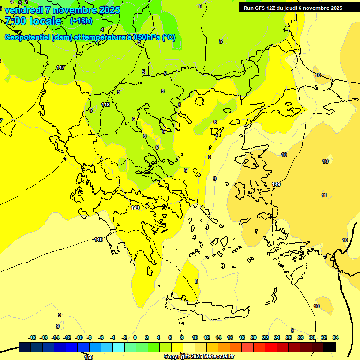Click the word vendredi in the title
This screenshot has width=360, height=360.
click(24, 10)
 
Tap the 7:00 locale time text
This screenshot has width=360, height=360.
click(33, 21)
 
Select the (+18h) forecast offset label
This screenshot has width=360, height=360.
click(81, 21)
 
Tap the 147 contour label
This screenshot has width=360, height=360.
click(60, 68)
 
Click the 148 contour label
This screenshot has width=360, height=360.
click(105, 105)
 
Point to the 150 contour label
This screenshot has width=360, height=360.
click(89, 357)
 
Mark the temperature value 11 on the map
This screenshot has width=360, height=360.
click(324, 195)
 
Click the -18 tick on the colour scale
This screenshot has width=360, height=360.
click(32, 337)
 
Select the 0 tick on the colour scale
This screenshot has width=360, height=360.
click(135, 337)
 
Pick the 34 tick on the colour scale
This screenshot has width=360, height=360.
click(336, 337)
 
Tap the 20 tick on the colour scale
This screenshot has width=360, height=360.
click(254, 337)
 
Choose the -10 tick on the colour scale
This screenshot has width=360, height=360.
click(78, 337)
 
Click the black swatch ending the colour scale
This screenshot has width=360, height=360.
click(330, 347)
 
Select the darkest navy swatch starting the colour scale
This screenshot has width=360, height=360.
click(25, 347)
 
